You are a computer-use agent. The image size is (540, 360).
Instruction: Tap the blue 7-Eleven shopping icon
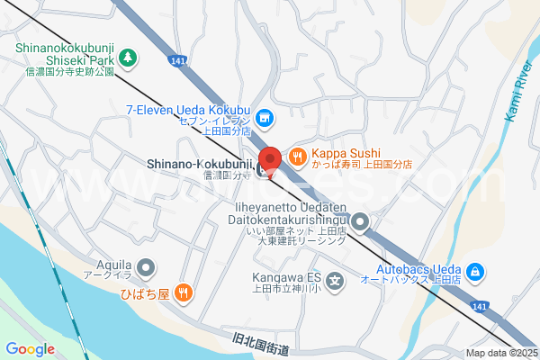pyautogui.click(x=265, y=117)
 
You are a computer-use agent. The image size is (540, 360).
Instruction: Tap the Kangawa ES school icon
pyautogui.click(x=335, y=282)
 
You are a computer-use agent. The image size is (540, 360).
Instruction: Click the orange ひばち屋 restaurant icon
pyautogui.click(x=183, y=292)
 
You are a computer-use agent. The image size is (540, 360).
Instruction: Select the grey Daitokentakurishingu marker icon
pyautogui.click(x=360, y=221)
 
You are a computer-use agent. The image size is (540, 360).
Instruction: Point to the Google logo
pyautogui.click(x=30, y=348)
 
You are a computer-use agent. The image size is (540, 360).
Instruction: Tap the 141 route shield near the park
pyautogui.click(x=176, y=61)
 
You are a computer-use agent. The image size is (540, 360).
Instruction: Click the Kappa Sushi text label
pyautogui.click(x=346, y=153)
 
